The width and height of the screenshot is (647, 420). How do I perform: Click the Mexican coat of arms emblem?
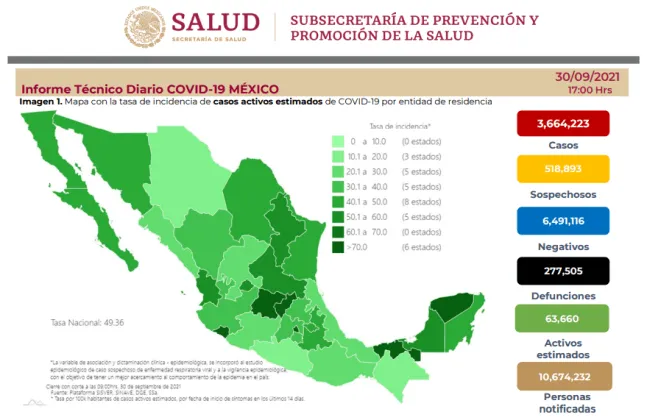[147, 27]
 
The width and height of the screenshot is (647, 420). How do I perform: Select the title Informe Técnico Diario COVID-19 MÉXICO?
[150, 89]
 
